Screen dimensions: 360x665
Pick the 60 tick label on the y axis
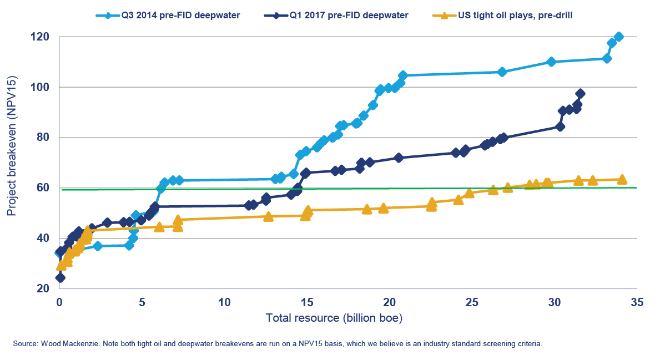[44, 188]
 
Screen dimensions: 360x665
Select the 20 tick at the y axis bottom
[44, 288]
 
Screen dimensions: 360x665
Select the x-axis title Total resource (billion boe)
[334, 318]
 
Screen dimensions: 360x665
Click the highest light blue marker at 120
[619, 37]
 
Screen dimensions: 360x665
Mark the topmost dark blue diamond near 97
[580, 94]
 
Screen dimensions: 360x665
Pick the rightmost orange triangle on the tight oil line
[622, 179]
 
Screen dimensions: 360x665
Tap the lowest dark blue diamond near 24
[60, 277]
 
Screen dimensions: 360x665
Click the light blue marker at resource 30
[551, 62]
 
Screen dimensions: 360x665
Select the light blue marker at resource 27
[502, 72]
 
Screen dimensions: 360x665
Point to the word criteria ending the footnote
[528, 344]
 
